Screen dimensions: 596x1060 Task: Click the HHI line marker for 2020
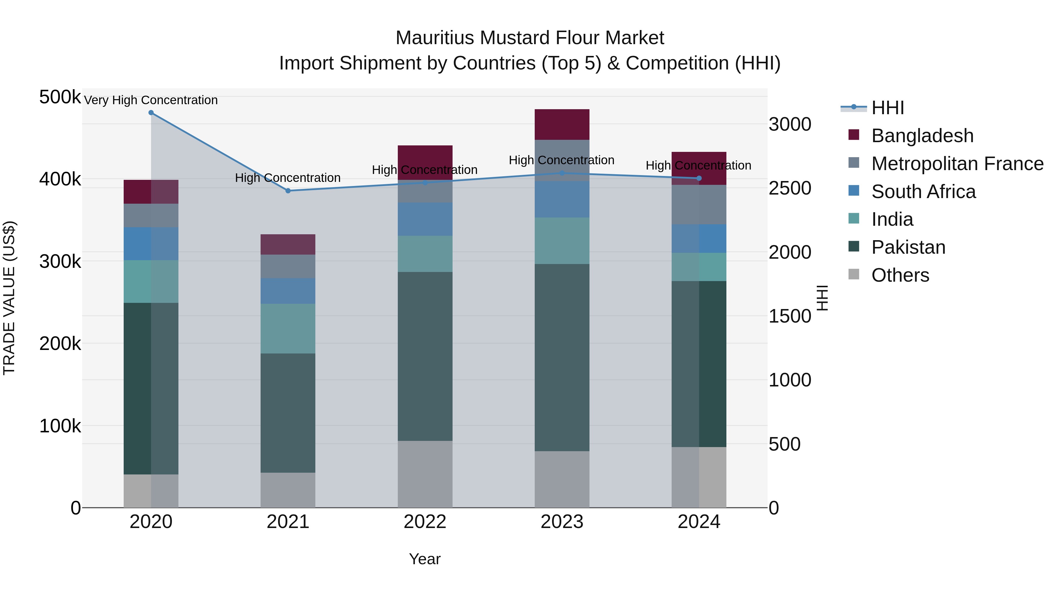coord(151,113)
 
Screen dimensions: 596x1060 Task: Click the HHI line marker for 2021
coord(288,191)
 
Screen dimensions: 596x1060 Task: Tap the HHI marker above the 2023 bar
coord(562,173)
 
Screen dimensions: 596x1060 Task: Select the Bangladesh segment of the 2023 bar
coord(562,124)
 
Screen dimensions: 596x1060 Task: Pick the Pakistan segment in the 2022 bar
coord(425,356)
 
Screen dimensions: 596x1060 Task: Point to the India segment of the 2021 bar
coord(288,329)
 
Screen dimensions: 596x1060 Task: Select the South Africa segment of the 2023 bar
coord(562,200)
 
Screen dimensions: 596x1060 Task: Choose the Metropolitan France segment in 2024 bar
coord(699,205)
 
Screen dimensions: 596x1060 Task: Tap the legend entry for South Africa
coord(923,192)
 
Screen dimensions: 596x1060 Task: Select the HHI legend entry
coord(887,108)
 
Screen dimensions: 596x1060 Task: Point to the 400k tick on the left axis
coord(60,179)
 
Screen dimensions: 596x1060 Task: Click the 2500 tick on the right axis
coord(790,188)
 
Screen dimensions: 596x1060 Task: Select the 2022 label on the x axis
coord(425,522)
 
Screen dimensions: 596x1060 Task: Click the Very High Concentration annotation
coord(151,100)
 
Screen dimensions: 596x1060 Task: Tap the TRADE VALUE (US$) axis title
coord(9,298)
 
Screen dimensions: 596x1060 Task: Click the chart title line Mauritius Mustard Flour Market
coord(530,38)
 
